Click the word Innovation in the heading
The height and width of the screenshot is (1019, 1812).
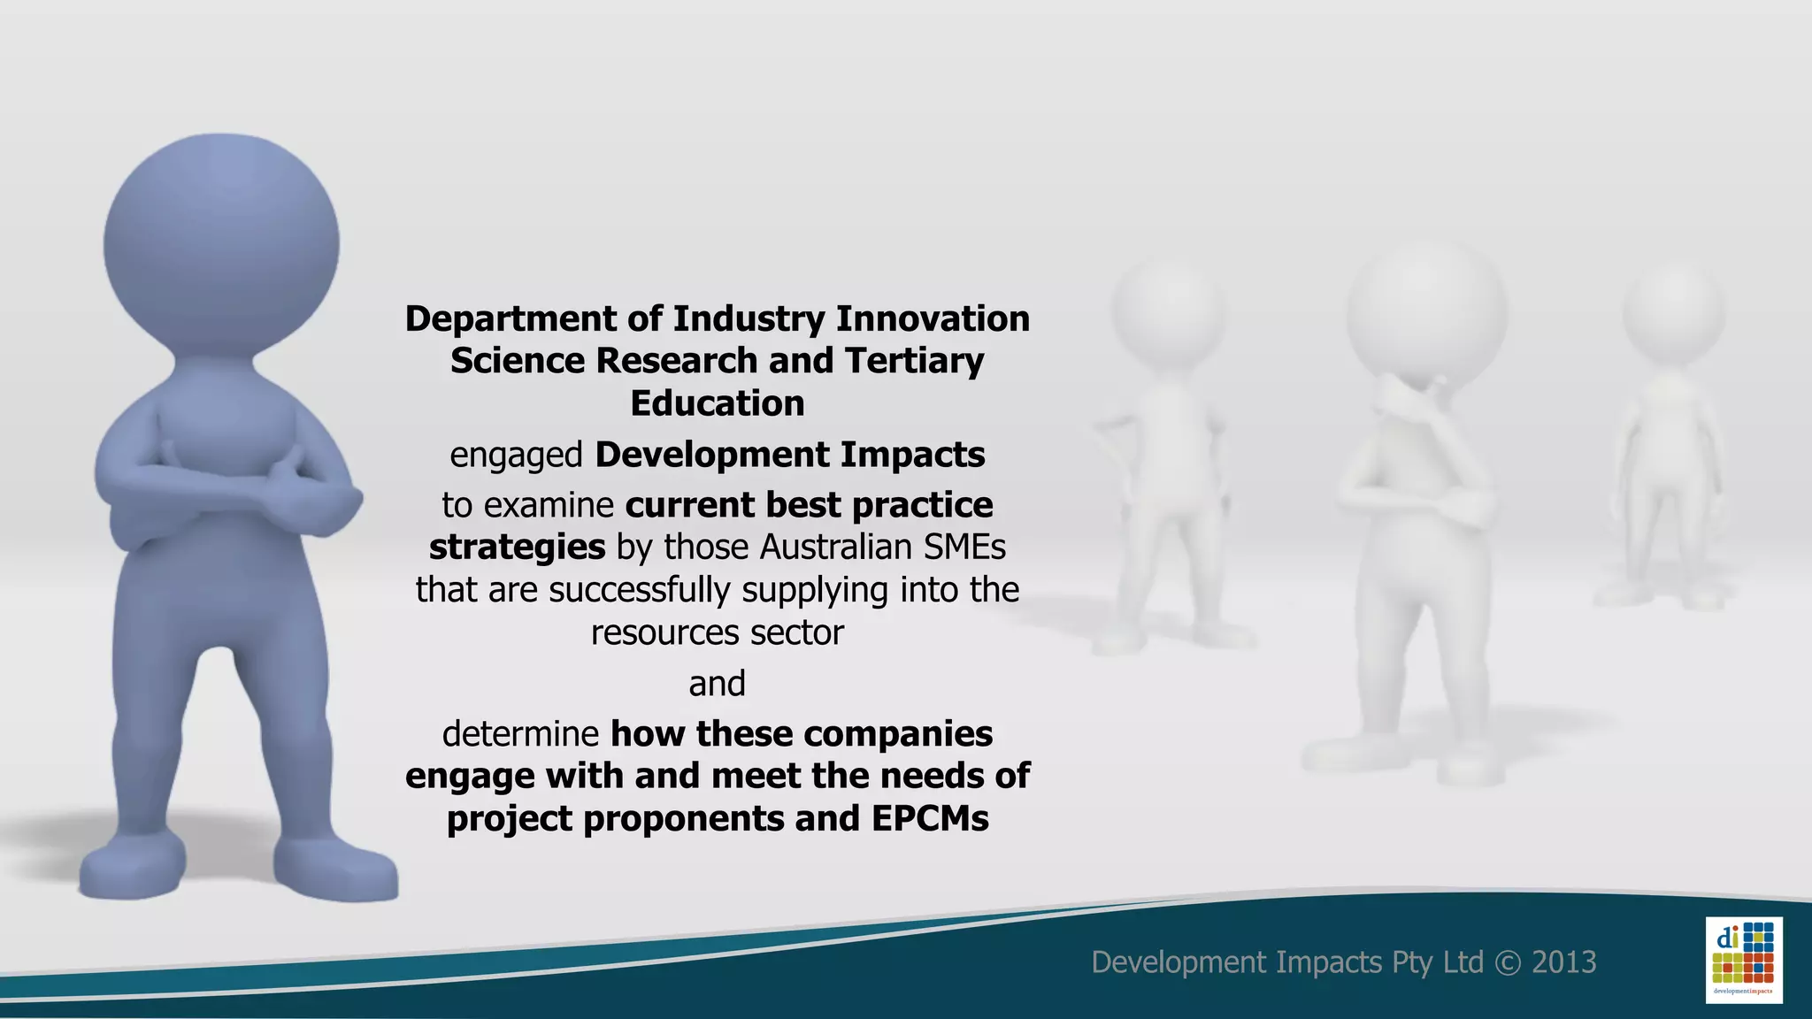[x=933, y=318]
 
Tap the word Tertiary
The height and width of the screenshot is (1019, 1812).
[x=914, y=361]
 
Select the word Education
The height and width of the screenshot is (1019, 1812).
[x=718, y=403]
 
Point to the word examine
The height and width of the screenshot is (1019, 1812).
[x=549, y=505]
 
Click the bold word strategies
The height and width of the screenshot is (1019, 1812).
[x=518, y=548]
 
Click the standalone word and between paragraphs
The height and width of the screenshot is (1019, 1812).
[x=718, y=684]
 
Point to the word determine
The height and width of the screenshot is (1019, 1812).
[x=521, y=734]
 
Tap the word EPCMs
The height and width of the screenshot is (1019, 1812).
[x=930, y=819]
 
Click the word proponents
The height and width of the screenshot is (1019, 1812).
[x=684, y=819]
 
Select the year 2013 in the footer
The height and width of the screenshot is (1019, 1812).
[x=1563, y=962]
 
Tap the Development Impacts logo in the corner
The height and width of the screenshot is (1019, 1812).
[x=1743, y=960]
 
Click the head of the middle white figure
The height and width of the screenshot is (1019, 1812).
[x=1426, y=310]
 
